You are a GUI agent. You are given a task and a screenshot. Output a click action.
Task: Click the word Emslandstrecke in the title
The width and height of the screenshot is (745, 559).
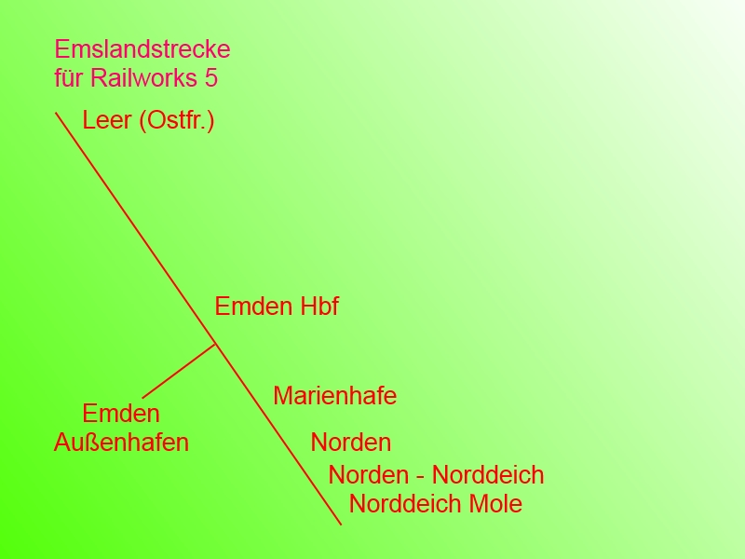click(142, 49)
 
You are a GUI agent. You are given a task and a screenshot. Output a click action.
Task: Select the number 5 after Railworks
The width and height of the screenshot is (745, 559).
click(210, 78)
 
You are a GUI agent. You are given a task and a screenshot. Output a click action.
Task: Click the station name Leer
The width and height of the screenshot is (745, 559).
click(106, 121)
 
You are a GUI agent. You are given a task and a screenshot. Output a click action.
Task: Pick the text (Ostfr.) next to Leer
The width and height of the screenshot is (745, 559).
click(177, 121)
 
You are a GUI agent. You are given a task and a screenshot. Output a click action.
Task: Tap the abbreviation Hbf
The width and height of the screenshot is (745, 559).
click(319, 307)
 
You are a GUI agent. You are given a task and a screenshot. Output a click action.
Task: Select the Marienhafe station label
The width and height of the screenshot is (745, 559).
click(335, 396)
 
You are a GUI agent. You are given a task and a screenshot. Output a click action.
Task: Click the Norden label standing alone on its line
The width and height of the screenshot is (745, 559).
click(351, 443)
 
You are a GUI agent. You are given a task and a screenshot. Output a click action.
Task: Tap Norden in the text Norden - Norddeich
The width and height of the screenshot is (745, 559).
click(369, 475)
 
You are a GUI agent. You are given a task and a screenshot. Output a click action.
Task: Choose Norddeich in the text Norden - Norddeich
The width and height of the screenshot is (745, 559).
click(488, 475)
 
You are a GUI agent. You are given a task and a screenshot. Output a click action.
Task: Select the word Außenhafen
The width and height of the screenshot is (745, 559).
click(121, 443)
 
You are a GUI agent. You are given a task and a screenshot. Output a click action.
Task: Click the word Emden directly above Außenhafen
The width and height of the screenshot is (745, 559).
click(121, 414)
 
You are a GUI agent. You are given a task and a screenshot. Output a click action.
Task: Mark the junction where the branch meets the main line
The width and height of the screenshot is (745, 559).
click(216, 345)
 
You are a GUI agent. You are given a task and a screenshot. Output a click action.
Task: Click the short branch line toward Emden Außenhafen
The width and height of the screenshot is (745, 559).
click(179, 372)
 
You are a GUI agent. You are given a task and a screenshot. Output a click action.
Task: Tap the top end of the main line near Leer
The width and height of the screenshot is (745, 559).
click(57, 114)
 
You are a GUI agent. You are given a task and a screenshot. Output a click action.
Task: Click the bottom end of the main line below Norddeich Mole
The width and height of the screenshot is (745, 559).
click(341, 524)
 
